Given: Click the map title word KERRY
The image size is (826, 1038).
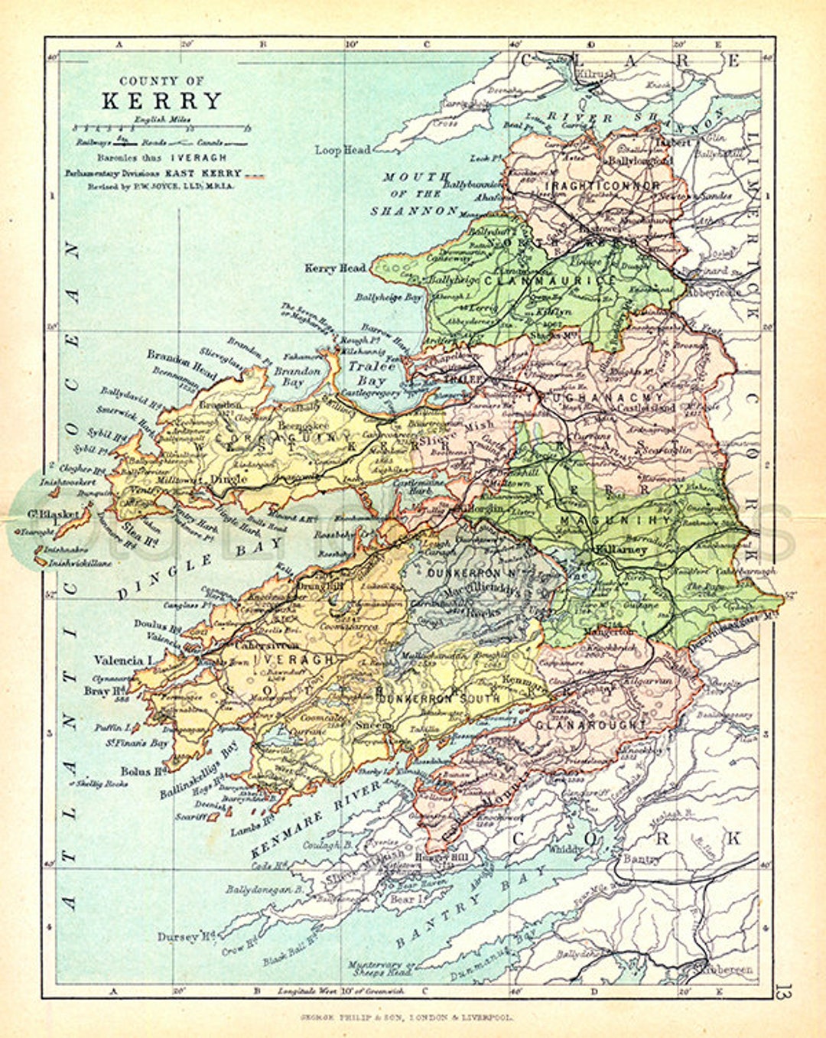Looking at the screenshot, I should pos(161,101).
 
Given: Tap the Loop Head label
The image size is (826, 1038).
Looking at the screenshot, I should pos(342,150).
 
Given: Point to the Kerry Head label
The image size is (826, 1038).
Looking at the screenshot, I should pos(335,268).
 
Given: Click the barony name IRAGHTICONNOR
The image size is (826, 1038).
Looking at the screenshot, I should pos(603,186).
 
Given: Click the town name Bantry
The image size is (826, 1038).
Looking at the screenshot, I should pos(641,860).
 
